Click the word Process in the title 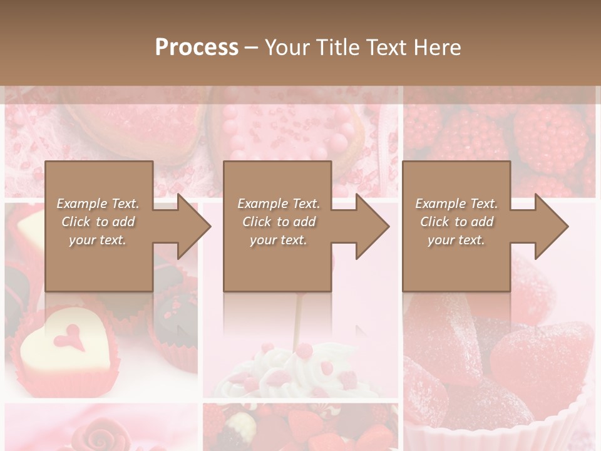point(197,48)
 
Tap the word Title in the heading point(337,48)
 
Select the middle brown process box point(277,263)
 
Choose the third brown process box point(456,263)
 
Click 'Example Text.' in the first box point(98,204)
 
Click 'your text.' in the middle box point(278,240)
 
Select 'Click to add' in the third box point(456,222)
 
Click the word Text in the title point(385,48)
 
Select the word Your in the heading point(287,48)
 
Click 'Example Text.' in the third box point(456,204)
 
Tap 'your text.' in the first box point(98,240)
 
